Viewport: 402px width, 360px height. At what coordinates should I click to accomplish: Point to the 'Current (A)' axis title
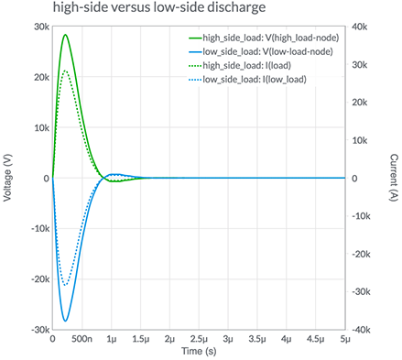click(x=393, y=178)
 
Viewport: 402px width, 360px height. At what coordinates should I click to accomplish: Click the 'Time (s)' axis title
click(x=199, y=352)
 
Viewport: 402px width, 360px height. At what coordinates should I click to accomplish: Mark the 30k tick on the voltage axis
click(x=41, y=27)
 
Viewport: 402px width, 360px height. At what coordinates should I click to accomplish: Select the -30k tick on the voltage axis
click(x=39, y=329)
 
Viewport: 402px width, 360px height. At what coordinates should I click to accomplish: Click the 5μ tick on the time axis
click(x=345, y=339)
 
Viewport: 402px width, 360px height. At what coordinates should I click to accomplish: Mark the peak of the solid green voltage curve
click(x=66, y=35)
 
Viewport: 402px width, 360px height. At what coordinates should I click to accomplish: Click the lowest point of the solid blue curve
click(x=66, y=322)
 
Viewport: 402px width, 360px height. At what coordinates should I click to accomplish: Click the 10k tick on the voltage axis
click(x=41, y=127)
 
